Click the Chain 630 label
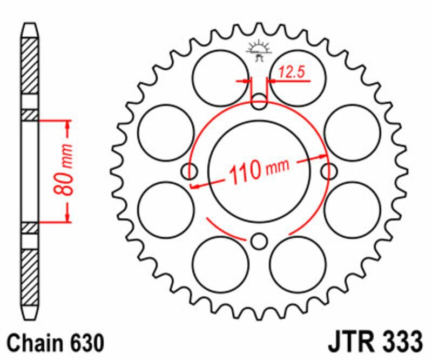53,343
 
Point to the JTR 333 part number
374,343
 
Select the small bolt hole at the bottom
260,240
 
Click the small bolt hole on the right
328,171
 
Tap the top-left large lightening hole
220,77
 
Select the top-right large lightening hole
298,77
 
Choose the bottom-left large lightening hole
220,263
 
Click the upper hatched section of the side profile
30,65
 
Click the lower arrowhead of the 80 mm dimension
67,216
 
